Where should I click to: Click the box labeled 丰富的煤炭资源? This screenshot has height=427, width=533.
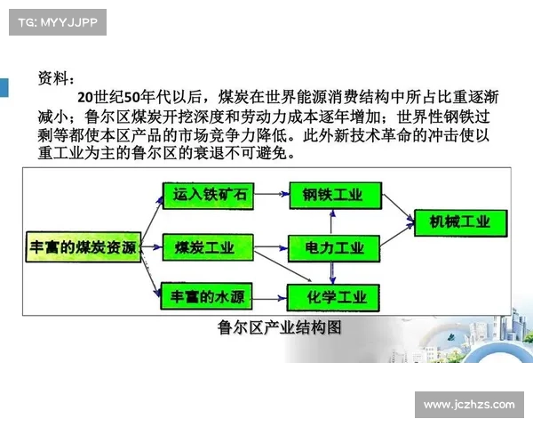[x=83, y=248]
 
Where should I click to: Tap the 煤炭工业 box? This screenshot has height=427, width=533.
[x=204, y=248]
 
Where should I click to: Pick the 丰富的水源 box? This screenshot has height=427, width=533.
[x=204, y=296]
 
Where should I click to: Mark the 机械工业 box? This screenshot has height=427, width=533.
[x=459, y=222]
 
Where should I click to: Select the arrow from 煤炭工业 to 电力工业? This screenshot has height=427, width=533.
[x=268, y=248]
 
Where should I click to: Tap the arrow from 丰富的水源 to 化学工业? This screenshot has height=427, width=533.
[x=268, y=296]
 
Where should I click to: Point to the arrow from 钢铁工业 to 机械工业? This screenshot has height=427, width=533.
[x=398, y=209]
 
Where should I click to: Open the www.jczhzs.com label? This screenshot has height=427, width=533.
[x=468, y=405]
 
